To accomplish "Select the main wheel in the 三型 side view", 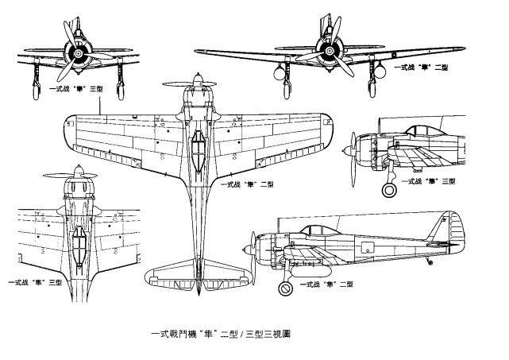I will tap(387, 190).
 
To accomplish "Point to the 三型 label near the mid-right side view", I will tap(429, 181).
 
